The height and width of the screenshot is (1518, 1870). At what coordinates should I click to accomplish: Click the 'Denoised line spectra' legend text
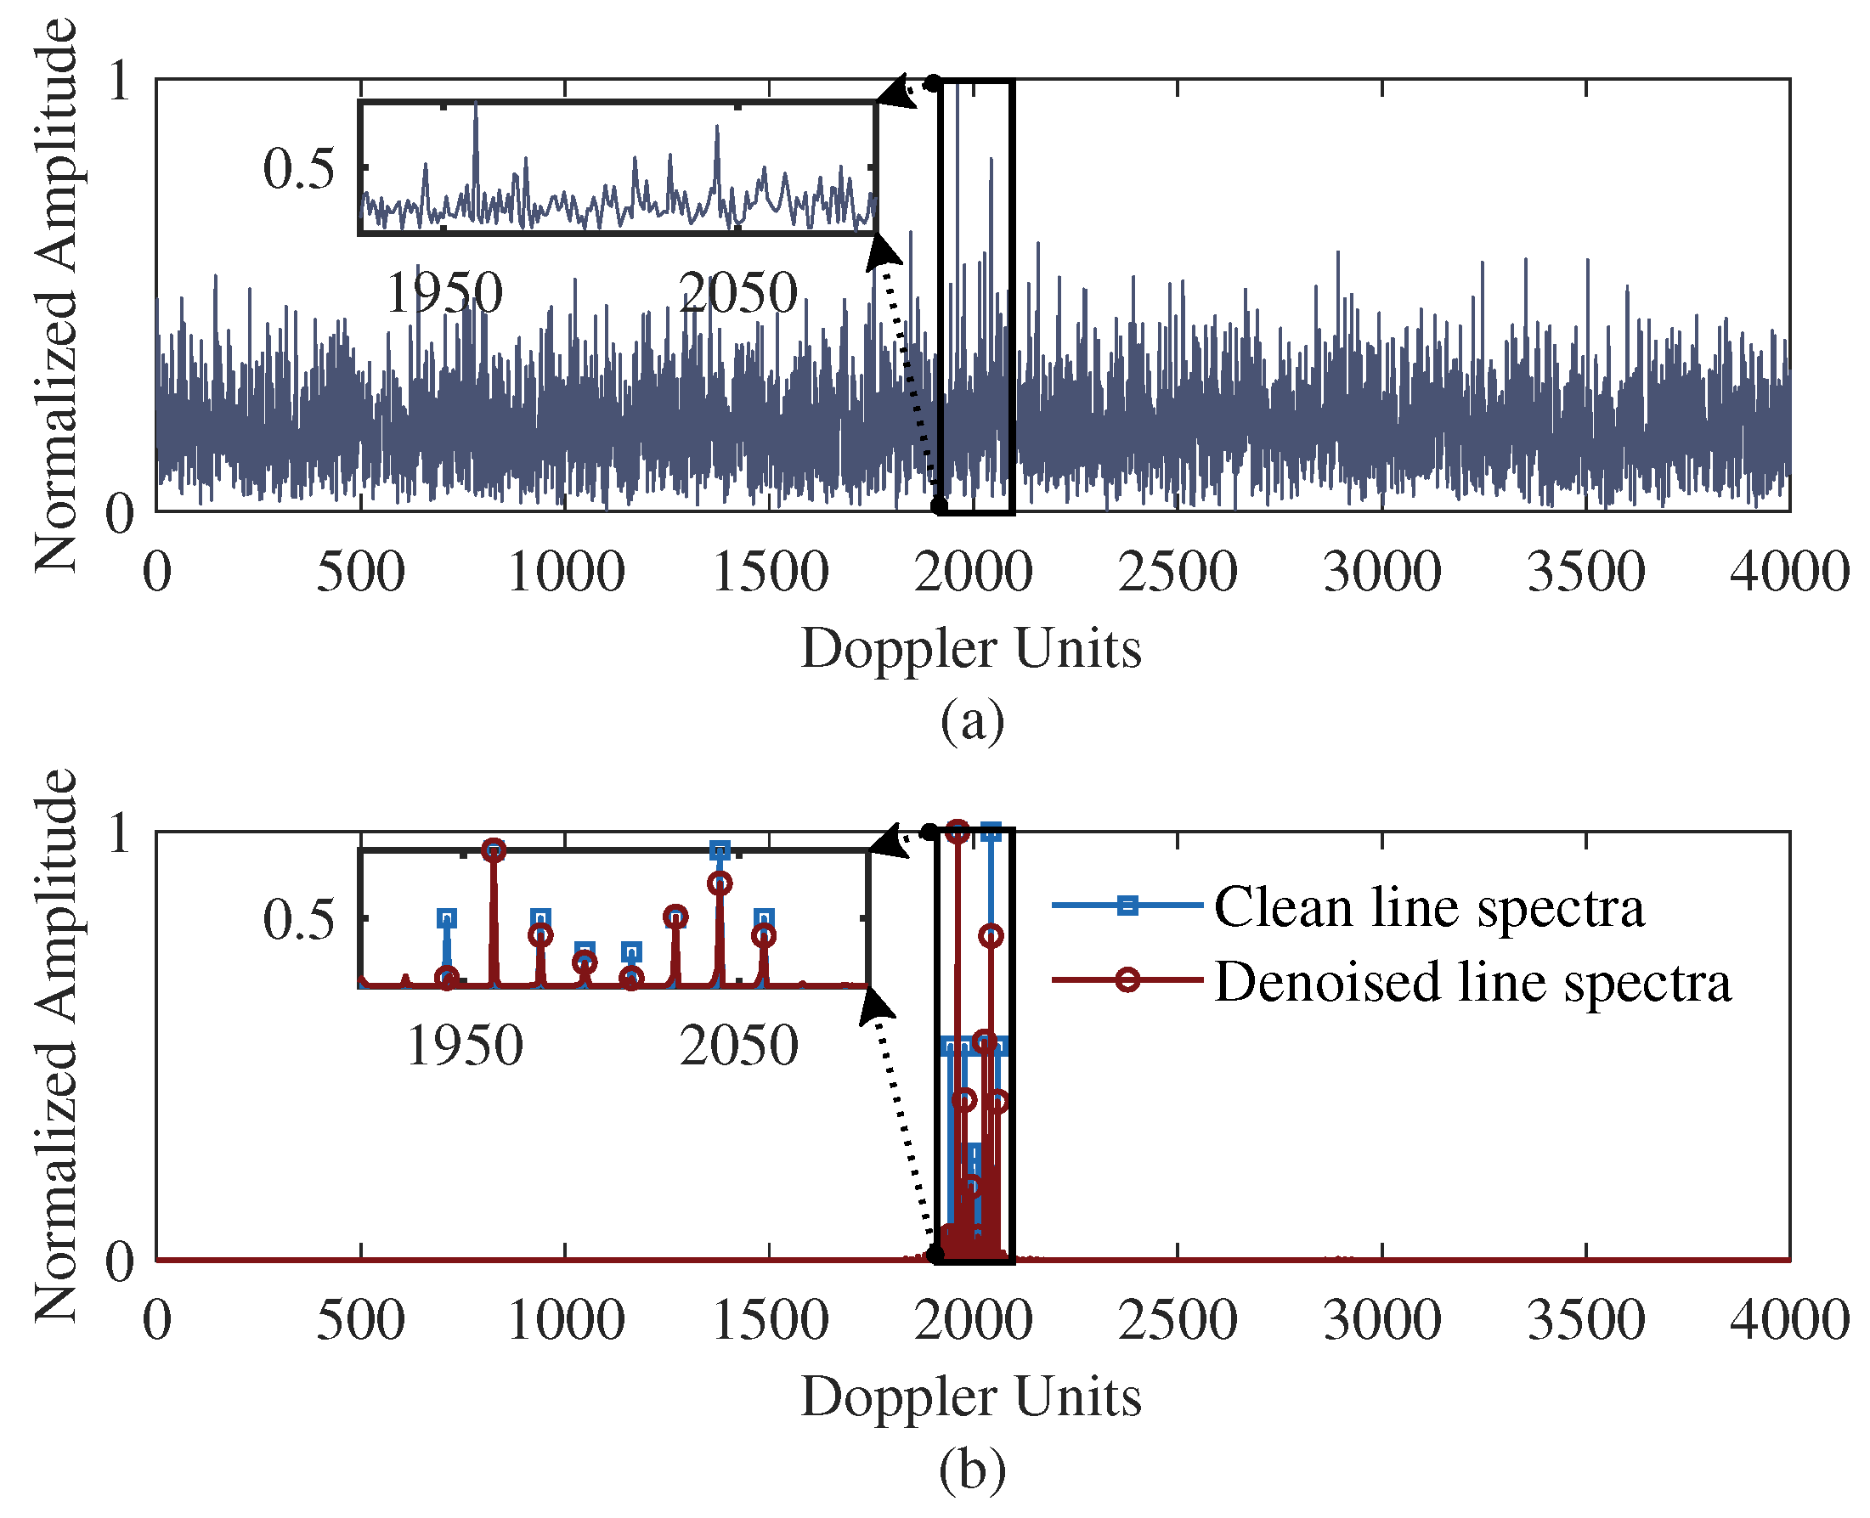(1472, 982)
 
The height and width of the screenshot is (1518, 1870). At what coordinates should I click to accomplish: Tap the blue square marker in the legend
(1127, 906)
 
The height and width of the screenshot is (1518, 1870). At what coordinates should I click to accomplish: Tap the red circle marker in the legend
(1127, 980)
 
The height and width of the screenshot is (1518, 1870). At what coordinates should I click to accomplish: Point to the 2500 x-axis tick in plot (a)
(1178, 573)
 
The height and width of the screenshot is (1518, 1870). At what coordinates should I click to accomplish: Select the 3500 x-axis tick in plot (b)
(1585, 1320)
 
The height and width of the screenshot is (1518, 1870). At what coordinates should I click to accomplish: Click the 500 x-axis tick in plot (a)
(360, 573)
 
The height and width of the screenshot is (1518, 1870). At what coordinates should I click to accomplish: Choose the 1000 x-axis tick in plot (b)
(566, 1320)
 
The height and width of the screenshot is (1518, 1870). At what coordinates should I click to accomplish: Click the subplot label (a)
(972, 722)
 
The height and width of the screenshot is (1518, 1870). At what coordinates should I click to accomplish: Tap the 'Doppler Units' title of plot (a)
(971, 650)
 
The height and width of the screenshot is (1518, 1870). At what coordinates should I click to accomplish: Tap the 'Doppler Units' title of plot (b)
(971, 1397)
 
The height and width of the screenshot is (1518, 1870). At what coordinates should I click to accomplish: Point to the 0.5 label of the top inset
(298, 168)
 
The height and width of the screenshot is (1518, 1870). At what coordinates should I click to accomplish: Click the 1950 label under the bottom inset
(465, 1046)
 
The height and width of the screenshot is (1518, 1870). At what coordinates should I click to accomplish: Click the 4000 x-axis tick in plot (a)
(1789, 573)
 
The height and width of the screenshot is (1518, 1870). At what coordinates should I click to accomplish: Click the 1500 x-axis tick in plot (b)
(770, 1320)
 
